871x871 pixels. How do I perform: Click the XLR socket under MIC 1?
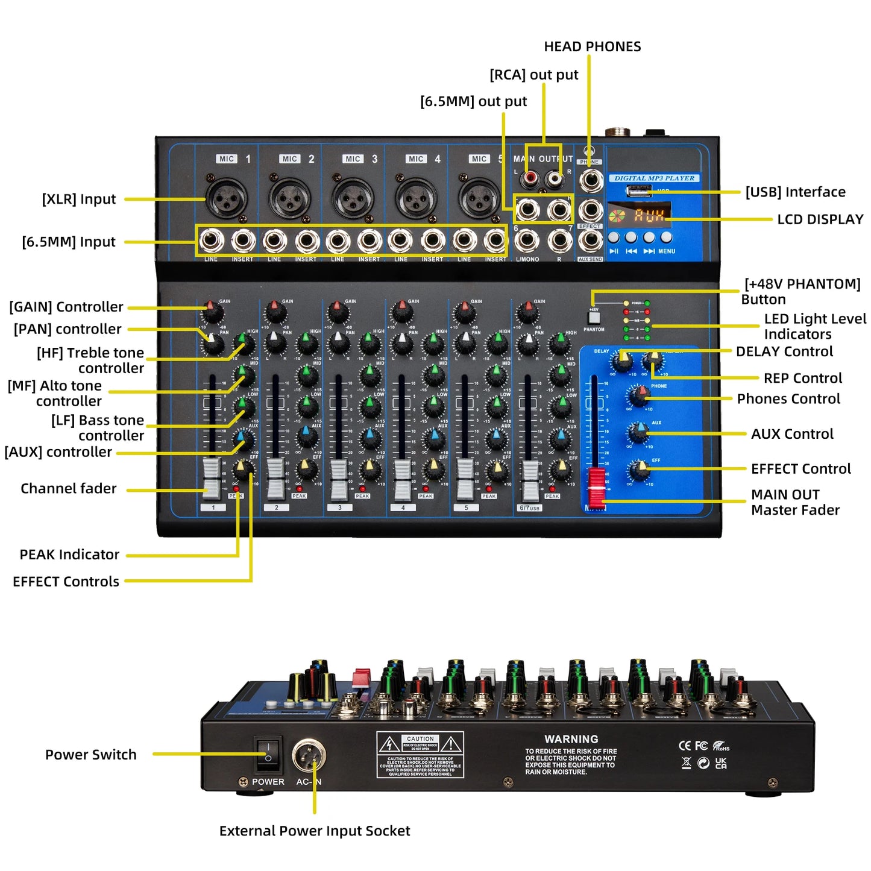click(x=227, y=197)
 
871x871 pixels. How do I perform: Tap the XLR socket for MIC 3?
click(x=353, y=198)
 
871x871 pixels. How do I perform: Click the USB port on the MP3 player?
click(x=638, y=191)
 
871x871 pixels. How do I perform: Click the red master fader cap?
click(x=596, y=486)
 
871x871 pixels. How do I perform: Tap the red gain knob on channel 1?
click(x=210, y=311)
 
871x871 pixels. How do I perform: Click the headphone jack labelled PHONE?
click(x=590, y=180)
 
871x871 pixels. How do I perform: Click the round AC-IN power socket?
click(x=309, y=756)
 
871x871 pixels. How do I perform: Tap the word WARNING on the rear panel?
click(x=571, y=739)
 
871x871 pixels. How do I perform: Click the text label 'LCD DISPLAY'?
click(x=820, y=219)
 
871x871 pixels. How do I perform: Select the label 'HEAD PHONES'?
click(x=592, y=46)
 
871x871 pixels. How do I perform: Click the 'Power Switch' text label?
click(x=91, y=755)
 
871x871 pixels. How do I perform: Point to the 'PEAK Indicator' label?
click(x=69, y=555)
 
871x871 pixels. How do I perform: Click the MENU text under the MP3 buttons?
click(x=667, y=251)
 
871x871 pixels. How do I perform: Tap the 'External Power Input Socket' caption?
click(x=314, y=831)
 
